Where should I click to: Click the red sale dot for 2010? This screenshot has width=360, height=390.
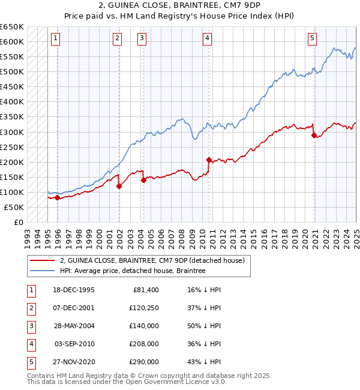[x=209, y=160]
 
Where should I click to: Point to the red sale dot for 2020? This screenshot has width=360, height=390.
[x=314, y=135]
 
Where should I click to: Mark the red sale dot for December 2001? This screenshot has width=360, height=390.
[x=119, y=186]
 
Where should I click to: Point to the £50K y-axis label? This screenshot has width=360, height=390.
[x=14, y=207]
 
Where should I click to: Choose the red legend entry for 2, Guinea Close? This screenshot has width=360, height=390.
[x=152, y=260]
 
